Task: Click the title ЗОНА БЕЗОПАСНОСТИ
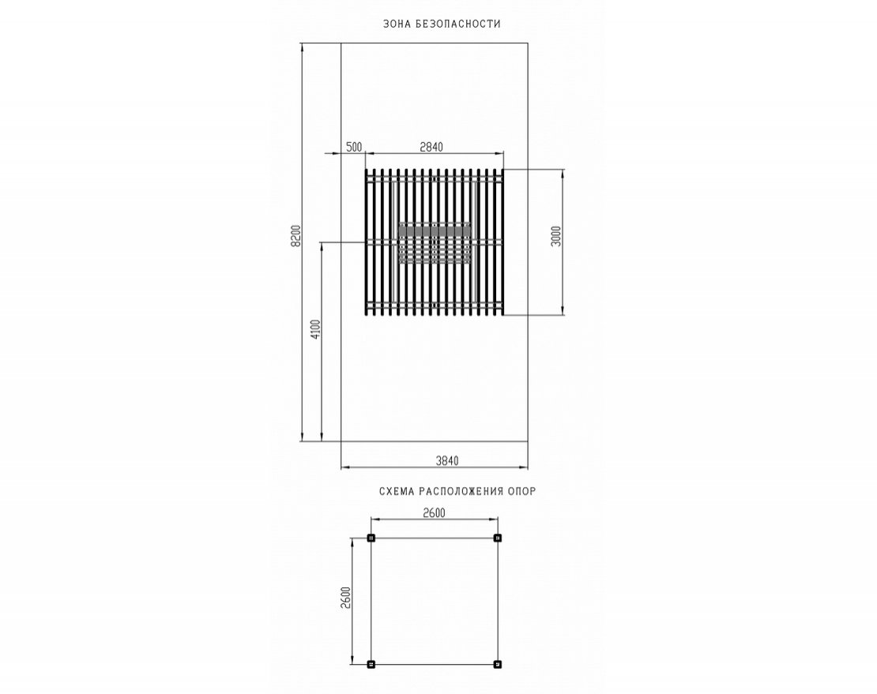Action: tap(442, 24)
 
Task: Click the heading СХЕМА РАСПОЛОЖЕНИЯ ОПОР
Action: tap(457, 492)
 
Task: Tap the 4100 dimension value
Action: tap(315, 330)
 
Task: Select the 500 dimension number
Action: tap(354, 147)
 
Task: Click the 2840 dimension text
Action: tap(431, 147)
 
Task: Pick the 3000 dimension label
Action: tap(555, 236)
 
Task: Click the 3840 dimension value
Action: tap(447, 461)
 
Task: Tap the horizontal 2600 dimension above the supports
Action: tap(434, 513)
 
